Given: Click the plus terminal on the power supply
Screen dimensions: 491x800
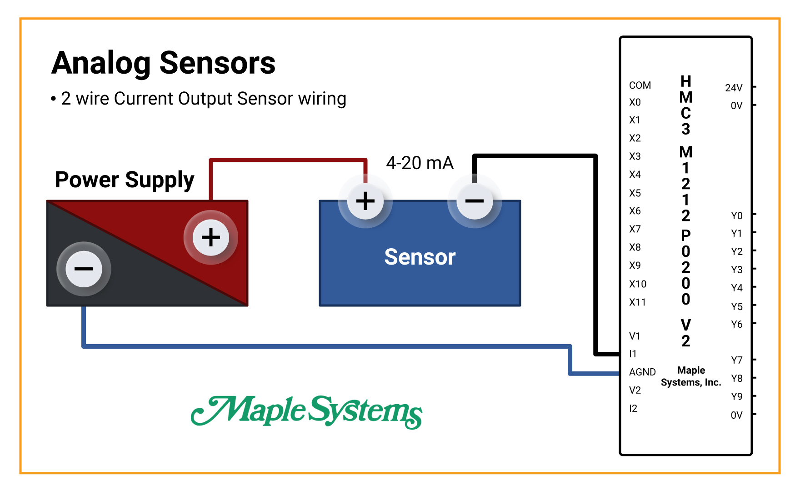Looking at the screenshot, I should click(x=210, y=237).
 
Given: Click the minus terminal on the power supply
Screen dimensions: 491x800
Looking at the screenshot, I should click(x=84, y=269).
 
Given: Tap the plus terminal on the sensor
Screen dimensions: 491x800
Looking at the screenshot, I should click(x=365, y=201).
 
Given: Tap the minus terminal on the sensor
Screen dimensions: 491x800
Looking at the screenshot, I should click(x=475, y=201).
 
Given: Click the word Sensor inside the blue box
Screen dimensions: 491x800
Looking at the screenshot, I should click(x=420, y=257).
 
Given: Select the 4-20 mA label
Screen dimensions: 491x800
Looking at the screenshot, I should click(x=420, y=163).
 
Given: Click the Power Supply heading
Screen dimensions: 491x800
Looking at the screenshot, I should click(x=125, y=180).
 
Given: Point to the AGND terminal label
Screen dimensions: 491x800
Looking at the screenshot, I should click(x=642, y=372).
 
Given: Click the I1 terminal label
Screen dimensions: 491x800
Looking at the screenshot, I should click(x=633, y=354).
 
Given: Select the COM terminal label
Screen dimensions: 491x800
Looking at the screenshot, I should click(x=640, y=85).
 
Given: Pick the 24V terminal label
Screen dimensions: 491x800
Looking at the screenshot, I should click(x=733, y=88).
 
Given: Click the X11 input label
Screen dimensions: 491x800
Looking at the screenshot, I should click(x=637, y=302).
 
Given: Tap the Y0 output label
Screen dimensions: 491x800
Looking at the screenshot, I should click(x=736, y=215).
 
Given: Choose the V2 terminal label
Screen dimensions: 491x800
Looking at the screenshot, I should click(x=635, y=390).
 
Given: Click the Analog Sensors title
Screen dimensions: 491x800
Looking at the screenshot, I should click(x=163, y=63).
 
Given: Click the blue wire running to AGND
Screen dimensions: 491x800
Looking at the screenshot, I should click(x=318, y=346).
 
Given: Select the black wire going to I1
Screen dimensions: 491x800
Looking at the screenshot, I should click(x=595, y=255).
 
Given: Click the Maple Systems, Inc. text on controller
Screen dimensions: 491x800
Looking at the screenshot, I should click(x=691, y=376).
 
